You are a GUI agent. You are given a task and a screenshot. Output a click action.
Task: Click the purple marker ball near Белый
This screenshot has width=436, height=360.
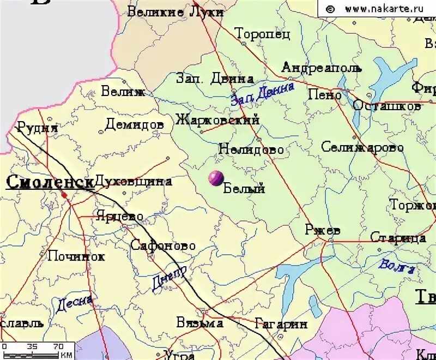(x=216, y=178)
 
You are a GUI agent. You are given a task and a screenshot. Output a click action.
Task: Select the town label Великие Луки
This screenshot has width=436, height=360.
(x=175, y=11)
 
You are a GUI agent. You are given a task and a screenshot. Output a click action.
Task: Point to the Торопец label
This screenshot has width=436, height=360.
(x=263, y=34)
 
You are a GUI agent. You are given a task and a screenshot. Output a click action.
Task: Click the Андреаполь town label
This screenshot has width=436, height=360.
(x=321, y=68)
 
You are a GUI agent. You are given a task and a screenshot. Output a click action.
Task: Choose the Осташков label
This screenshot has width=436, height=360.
(x=386, y=106)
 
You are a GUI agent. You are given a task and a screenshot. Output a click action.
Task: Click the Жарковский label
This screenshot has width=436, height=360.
(x=217, y=119)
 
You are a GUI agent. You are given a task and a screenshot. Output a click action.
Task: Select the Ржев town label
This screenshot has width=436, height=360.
(x=323, y=230)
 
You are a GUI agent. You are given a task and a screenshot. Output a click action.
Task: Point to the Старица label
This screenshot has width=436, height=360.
(x=398, y=237)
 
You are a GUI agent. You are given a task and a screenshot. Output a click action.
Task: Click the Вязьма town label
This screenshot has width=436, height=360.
(x=199, y=323)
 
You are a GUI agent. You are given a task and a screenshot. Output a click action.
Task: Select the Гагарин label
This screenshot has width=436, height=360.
(x=281, y=324)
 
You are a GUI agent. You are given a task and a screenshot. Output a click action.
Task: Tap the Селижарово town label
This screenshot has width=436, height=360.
(x=362, y=147)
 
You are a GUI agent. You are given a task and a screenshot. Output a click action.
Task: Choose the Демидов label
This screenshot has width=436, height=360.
(x=134, y=125)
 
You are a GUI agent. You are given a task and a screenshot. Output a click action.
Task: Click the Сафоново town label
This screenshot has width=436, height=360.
(x=162, y=245)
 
